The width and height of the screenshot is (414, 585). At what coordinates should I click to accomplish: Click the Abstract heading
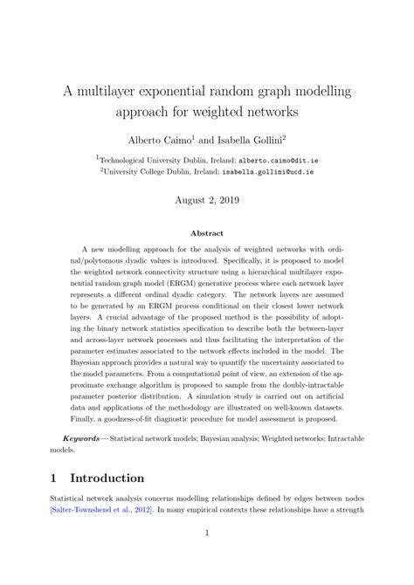[206, 233]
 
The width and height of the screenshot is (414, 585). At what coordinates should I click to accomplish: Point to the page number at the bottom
[207, 556]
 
